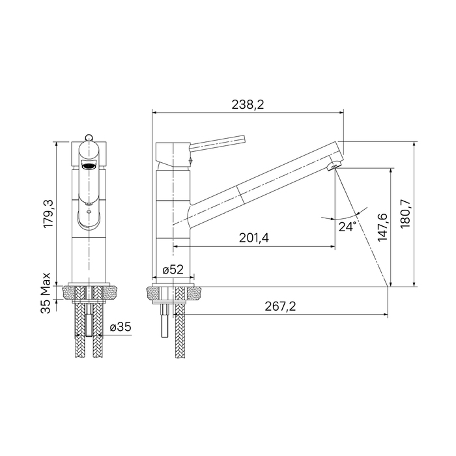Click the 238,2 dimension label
(x=248, y=105)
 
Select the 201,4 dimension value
(x=254, y=238)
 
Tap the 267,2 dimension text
(x=280, y=306)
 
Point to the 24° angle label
(x=347, y=227)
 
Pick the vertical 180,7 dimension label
(x=405, y=214)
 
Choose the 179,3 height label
(x=48, y=214)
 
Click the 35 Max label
(x=46, y=293)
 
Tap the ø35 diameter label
(x=121, y=327)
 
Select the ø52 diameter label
(x=173, y=270)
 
